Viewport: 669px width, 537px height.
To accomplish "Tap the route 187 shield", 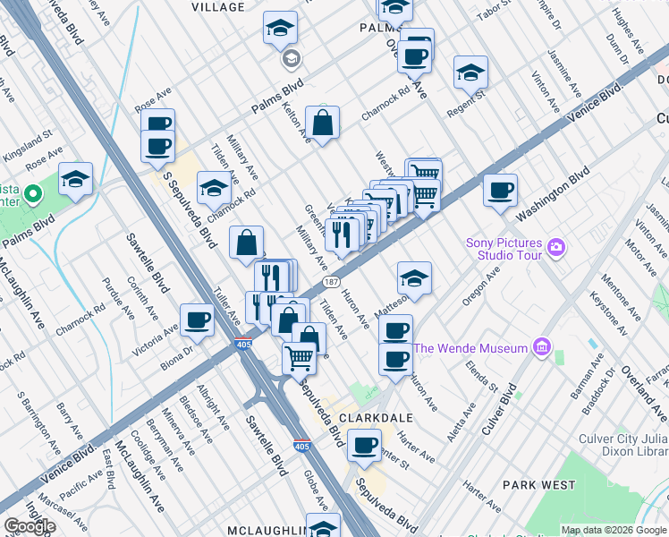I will (331, 282).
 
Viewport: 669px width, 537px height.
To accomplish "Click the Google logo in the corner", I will (30, 526).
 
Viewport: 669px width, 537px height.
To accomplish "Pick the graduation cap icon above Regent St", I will (470, 72).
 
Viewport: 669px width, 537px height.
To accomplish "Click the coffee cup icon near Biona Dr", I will (197, 320).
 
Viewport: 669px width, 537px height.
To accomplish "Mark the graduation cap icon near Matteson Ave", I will (414, 278).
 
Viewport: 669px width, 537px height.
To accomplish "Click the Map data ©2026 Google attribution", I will (614, 530).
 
